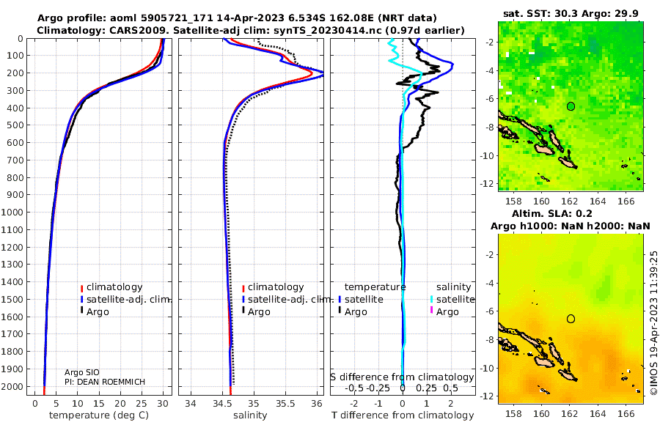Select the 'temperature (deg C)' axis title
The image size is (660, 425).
99,415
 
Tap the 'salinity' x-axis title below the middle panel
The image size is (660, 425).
250,415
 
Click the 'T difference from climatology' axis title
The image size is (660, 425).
403,415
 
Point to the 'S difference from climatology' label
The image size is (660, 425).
403,377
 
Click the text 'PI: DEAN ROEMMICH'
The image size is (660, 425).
105,382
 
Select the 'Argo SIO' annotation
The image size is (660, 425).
82,372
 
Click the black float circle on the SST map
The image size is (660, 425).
571,106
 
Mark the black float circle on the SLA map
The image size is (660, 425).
571,319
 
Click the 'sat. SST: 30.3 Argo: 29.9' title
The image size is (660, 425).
571,14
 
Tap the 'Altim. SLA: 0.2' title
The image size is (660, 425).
551,213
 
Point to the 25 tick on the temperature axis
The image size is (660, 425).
142,404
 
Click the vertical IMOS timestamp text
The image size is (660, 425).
653,322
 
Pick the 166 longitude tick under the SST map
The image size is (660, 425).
626,201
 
